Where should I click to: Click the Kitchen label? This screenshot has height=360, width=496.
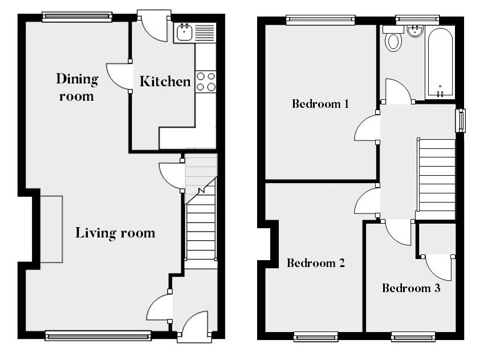(165, 82)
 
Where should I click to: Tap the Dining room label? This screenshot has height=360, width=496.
(76, 87)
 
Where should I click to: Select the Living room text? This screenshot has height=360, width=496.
(115, 233)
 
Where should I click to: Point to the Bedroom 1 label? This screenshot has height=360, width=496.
(320, 104)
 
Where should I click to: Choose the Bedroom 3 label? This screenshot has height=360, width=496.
(410, 288)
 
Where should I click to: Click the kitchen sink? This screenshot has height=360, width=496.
(185, 33)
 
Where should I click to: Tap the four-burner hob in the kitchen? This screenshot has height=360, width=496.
(206, 81)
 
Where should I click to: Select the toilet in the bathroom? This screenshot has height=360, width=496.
(393, 42)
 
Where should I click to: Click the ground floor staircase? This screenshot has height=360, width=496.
(201, 228)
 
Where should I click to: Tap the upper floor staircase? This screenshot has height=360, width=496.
(437, 177)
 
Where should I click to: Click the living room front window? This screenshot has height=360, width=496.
(98, 336)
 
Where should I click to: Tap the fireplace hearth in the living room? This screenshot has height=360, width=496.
(51, 229)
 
